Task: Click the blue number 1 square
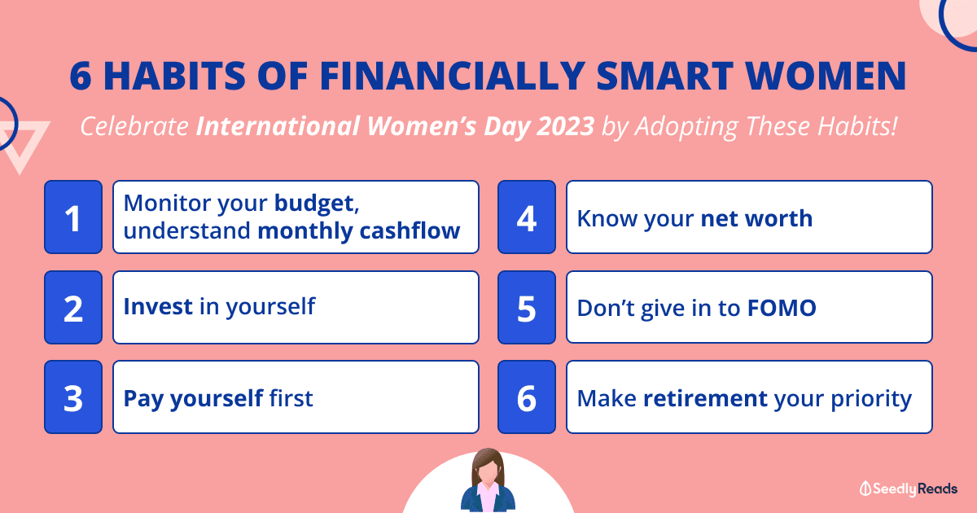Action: (73, 217)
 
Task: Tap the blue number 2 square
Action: (73, 307)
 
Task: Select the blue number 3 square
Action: (73, 397)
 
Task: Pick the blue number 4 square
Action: (527, 217)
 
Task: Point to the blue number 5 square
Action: (527, 307)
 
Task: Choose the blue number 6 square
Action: (527, 397)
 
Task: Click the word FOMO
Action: (782, 308)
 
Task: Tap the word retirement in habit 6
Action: (705, 398)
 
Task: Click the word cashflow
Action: (410, 230)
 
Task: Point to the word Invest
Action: (158, 306)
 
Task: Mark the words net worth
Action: (756, 218)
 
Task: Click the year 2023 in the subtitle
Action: (565, 125)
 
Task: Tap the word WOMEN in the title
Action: (826, 76)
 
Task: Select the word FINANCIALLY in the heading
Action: (453, 76)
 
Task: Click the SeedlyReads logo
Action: (908, 489)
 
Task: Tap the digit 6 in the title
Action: (81, 76)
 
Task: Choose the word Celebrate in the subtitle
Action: (134, 126)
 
